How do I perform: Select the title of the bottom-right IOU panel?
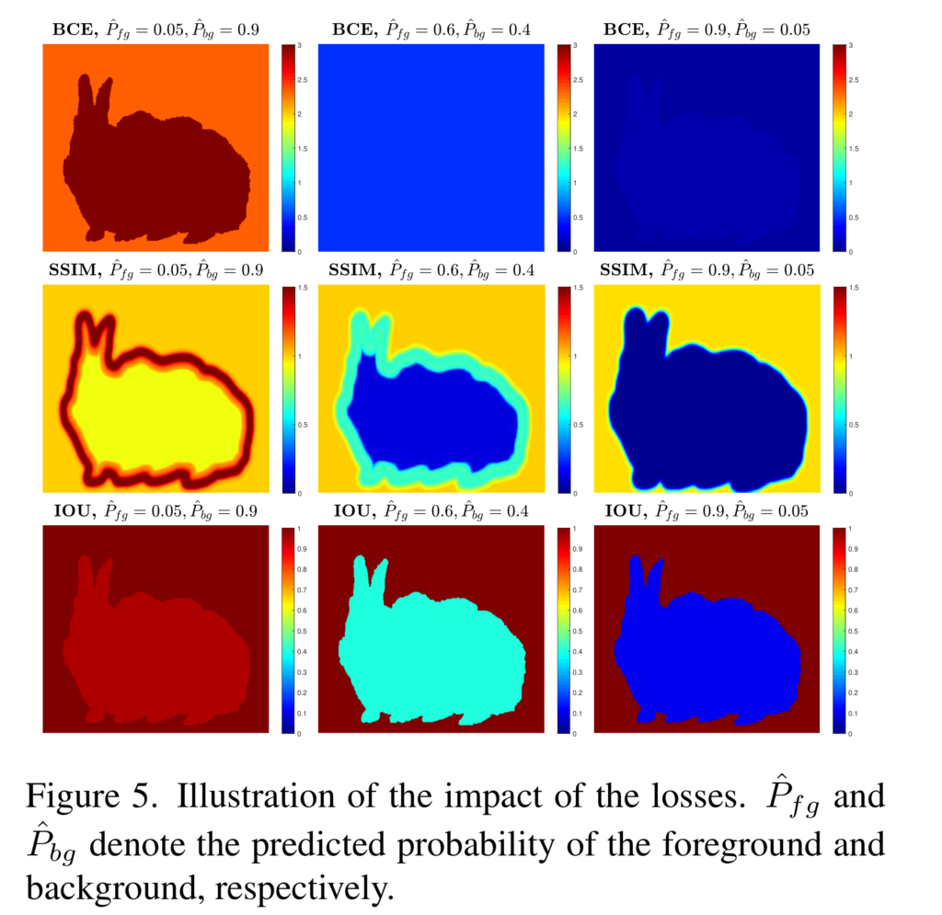click(706, 510)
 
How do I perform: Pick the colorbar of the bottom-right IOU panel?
click(838, 630)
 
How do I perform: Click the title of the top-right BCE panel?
click(706, 29)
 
